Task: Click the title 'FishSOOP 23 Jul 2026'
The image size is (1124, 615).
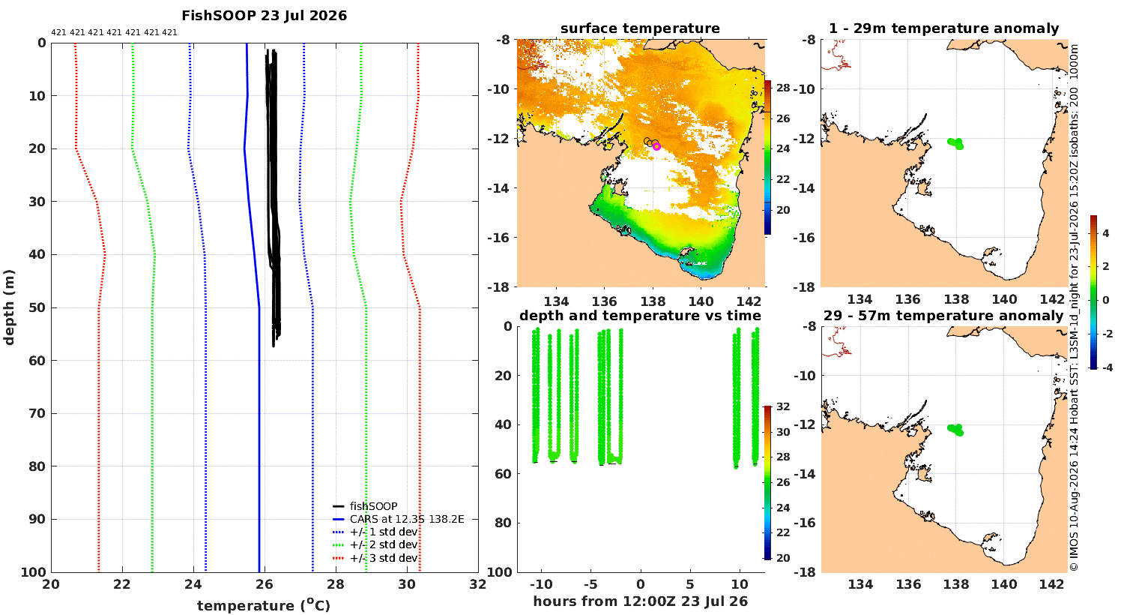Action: [x=264, y=16]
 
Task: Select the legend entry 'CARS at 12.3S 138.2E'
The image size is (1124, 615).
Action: [x=406, y=519]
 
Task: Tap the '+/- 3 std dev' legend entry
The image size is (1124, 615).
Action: [x=384, y=558]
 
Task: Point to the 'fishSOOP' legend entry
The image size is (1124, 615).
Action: [x=373, y=506]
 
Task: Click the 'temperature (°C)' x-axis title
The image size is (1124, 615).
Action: [x=264, y=605]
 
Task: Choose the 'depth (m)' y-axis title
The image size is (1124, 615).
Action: [x=8, y=307]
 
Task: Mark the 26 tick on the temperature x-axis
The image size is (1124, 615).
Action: [x=265, y=584]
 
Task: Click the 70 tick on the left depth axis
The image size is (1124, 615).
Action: [x=37, y=414]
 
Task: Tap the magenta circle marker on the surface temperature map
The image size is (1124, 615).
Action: [x=657, y=146]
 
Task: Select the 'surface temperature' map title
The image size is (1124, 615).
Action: [x=640, y=28]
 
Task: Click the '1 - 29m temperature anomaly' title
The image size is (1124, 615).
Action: [x=943, y=28]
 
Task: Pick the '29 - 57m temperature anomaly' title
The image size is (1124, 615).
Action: [x=943, y=316]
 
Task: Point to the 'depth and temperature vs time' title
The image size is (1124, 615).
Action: [x=640, y=316]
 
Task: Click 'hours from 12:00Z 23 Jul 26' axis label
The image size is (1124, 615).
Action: [x=640, y=601]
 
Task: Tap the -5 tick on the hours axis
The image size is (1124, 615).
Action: [x=590, y=584]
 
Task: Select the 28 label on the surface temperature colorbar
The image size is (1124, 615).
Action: [x=783, y=88]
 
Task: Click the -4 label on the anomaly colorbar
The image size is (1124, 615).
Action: [x=1107, y=367]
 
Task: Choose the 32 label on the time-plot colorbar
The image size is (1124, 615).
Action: [x=783, y=406]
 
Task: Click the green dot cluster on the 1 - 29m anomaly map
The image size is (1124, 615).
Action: [x=955, y=143]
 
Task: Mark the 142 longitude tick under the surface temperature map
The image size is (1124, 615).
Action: [x=749, y=301]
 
